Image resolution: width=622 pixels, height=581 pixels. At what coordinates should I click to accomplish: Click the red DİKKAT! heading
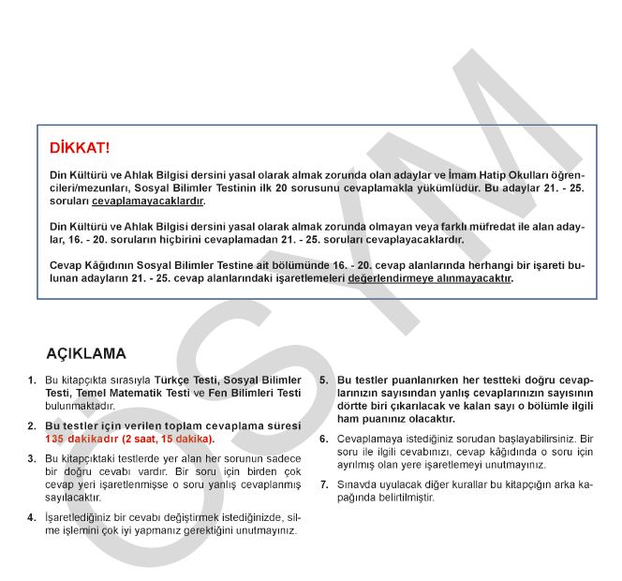coord(80,148)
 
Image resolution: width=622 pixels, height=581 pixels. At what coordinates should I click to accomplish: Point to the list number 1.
coord(33,380)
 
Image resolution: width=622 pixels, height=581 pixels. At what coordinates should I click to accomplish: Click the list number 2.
coord(33,425)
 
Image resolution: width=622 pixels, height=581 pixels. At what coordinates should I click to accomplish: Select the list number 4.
coord(33,517)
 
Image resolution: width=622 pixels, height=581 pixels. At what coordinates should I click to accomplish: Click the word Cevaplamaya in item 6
coord(368,439)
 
